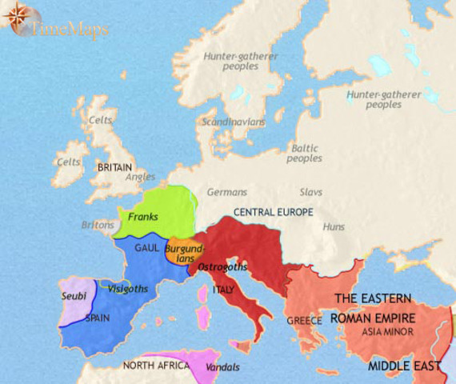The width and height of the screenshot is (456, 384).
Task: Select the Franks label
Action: [x=142, y=217]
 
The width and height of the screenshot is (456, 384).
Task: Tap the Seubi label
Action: [x=74, y=296]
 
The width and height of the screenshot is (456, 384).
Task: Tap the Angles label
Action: [x=141, y=177]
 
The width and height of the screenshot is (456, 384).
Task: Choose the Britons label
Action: [x=98, y=225]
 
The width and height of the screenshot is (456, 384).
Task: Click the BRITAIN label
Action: [x=114, y=168]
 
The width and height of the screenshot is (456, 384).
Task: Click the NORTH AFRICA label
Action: [x=156, y=366]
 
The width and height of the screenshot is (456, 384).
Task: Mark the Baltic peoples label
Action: [x=304, y=153]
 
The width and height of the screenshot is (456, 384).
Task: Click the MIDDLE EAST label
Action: [x=405, y=366]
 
